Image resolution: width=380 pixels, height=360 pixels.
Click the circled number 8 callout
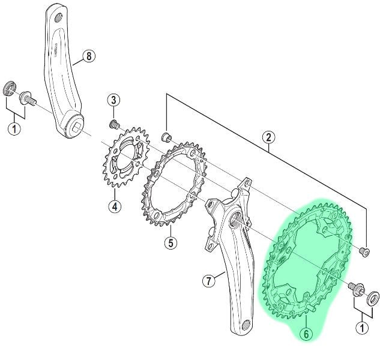(89, 56)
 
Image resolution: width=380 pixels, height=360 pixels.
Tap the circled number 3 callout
(114, 100)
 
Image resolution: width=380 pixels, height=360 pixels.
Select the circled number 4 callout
(115, 206)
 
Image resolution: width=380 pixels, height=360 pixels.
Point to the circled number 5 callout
(171, 242)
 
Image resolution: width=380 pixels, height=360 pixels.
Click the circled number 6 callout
(306, 334)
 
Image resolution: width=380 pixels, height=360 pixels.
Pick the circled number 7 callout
(209, 281)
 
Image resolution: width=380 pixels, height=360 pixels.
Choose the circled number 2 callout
(269, 137)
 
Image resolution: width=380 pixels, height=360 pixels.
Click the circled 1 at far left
(14, 128)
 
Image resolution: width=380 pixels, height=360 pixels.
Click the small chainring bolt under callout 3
(113, 124)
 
